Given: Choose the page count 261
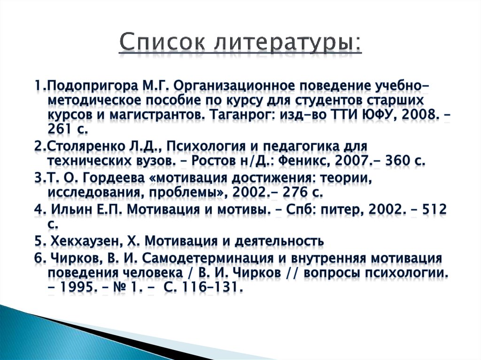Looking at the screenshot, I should tap(59, 129).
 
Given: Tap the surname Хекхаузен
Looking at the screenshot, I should tap(87, 241).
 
